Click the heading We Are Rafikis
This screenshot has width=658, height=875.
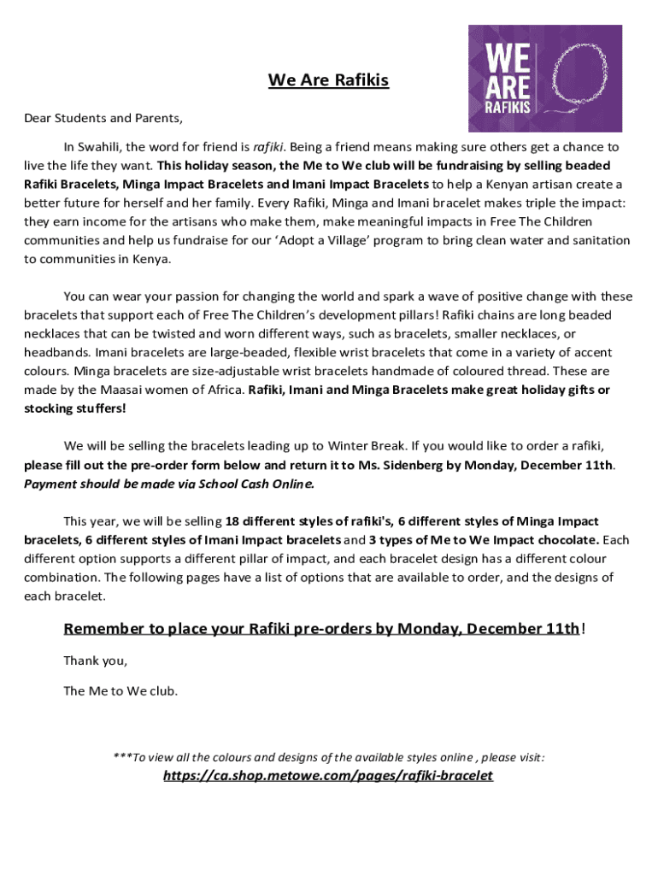(328, 80)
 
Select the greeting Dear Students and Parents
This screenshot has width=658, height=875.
(103, 118)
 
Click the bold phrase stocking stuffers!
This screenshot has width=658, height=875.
(74, 408)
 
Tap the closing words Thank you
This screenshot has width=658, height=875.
(95, 661)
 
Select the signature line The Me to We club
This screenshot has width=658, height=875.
(120, 690)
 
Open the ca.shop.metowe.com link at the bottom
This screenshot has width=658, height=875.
(328, 776)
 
